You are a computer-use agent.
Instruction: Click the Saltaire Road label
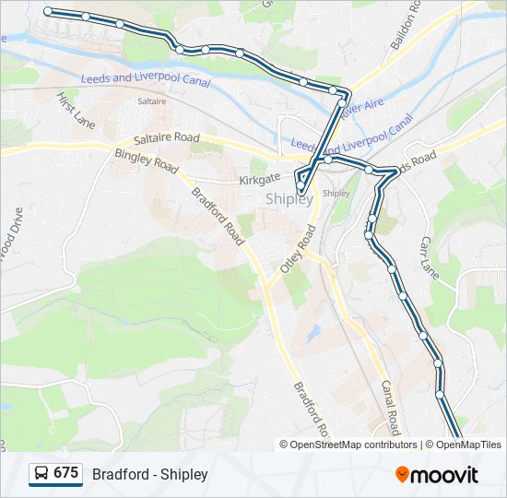(x=166, y=138)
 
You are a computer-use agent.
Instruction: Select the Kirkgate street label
(x=259, y=180)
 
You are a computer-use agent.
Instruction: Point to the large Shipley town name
(x=289, y=198)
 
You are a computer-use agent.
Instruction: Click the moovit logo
(x=437, y=475)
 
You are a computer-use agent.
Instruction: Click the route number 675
(x=65, y=473)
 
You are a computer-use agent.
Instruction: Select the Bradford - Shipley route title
(x=150, y=474)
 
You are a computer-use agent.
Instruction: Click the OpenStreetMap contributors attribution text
(x=353, y=445)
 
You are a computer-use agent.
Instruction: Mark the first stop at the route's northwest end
(x=48, y=12)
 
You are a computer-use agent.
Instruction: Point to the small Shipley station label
(x=336, y=194)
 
